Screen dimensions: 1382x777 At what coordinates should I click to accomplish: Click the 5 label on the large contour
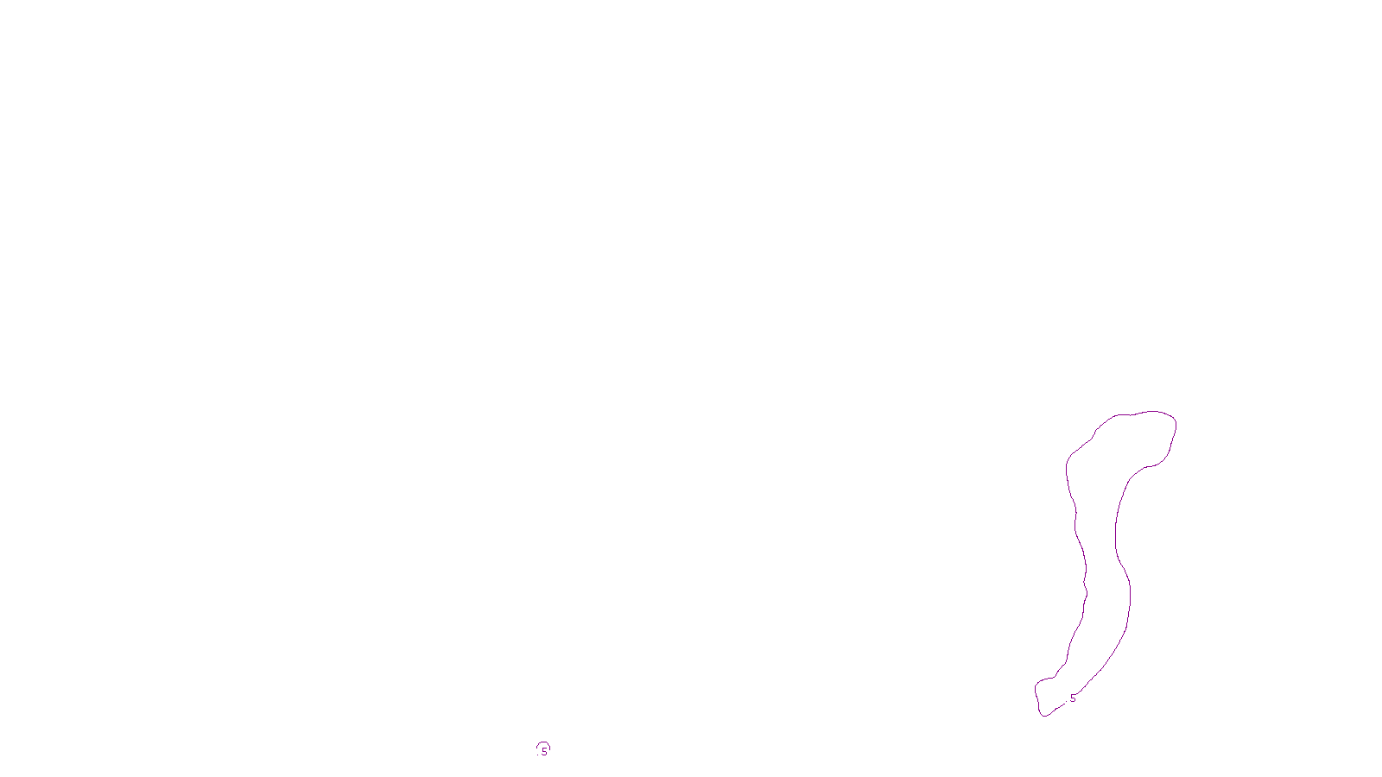(1073, 698)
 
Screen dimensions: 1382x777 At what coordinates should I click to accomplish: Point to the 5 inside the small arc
(544, 752)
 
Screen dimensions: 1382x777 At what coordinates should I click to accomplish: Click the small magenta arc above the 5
(542, 743)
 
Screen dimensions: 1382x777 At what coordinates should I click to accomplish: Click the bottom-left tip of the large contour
(1043, 714)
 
